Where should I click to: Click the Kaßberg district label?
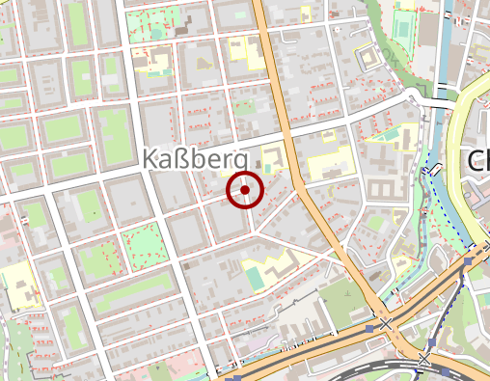[x=197, y=161]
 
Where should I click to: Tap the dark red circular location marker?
[x=246, y=190]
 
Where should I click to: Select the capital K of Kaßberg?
[x=152, y=160]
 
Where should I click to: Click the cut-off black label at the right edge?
[x=478, y=161]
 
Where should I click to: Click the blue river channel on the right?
[x=443, y=58]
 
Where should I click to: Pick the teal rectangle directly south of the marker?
[x=253, y=278]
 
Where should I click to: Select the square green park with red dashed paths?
[x=141, y=243]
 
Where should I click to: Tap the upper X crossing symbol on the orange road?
[x=387, y=324]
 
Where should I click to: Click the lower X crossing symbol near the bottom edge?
[x=424, y=359]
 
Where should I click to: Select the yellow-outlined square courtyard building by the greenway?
[x=370, y=59]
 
